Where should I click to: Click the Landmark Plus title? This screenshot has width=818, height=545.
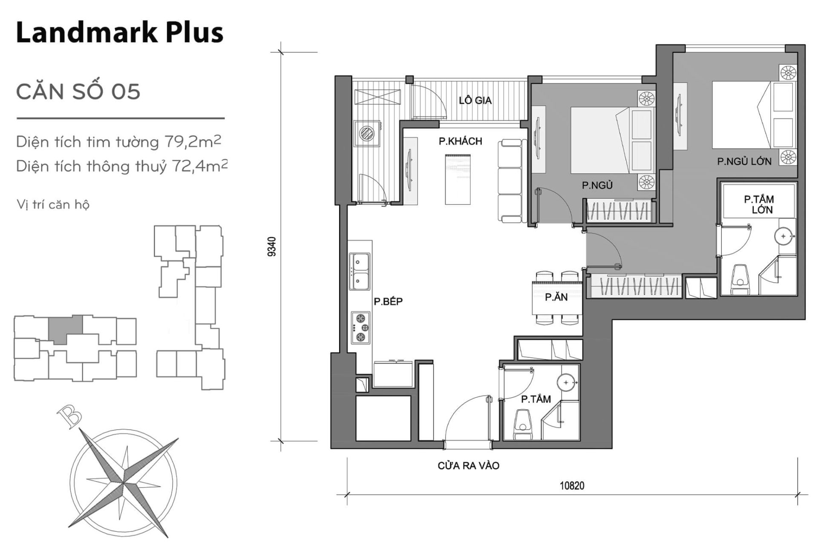click(120, 33)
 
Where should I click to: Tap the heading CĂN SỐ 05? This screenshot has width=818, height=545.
click(78, 92)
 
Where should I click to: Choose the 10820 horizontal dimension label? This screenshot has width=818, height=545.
click(572, 485)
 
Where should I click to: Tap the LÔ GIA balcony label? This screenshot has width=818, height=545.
click(475, 100)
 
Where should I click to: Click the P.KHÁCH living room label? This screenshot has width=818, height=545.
click(461, 141)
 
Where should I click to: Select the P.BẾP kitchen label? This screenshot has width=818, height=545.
click(388, 301)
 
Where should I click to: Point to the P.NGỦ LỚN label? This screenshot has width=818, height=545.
click(744, 161)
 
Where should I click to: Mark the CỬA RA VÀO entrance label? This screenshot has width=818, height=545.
click(468, 465)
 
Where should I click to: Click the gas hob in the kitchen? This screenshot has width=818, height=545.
click(360, 327)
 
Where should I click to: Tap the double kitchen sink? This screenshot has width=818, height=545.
click(360, 271)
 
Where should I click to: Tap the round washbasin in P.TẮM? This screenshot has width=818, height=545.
click(566, 383)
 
